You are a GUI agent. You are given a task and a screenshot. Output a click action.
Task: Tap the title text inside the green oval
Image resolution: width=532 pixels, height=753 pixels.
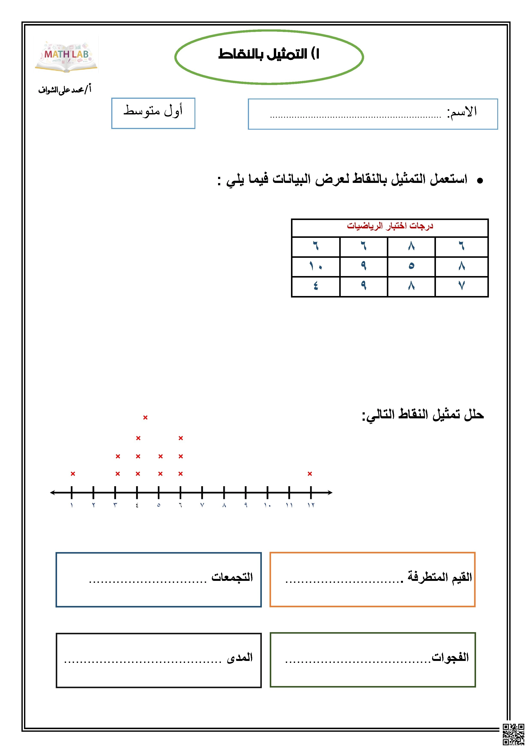pyautogui.click(x=269, y=54)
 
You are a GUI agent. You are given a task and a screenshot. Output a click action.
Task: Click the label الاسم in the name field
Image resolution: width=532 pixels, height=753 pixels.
pyautogui.click(x=462, y=112)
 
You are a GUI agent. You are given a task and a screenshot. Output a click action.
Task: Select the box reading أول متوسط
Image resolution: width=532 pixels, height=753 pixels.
pyautogui.click(x=153, y=113)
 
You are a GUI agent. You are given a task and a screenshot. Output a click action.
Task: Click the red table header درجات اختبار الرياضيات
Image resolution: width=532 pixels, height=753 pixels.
pyautogui.click(x=390, y=226)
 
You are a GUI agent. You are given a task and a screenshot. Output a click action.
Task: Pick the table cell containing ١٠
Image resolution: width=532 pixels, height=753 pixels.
pyautogui.click(x=315, y=266)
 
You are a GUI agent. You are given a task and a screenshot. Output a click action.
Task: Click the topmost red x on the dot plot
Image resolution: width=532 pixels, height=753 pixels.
pyautogui.click(x=145, y=417)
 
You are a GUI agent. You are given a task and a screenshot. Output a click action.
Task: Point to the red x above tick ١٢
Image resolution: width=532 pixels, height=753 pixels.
pyautogui.click(x=310, y=474)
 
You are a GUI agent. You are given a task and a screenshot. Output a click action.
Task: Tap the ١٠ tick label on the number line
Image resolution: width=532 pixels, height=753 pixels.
pyautogui.click(x=267, y=505)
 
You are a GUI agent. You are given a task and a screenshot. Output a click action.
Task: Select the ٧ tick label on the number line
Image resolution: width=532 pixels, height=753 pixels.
pyautogui.click(x=202, y=505)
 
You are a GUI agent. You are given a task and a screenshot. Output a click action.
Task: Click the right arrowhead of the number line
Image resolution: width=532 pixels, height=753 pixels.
pyautogui.click(x=330, y=492)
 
